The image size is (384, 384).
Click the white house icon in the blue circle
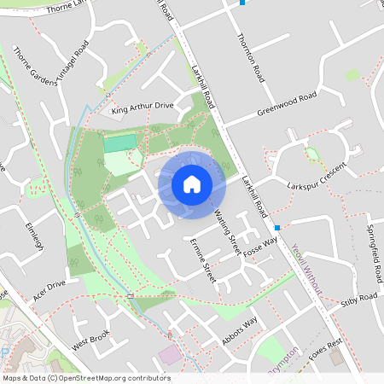click(192, 184)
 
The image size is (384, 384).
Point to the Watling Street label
click(228, 231)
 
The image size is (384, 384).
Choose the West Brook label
click(91, 340)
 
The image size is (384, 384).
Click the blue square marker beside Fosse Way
click(277, 228)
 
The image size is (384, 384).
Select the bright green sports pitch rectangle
click(119, 143)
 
